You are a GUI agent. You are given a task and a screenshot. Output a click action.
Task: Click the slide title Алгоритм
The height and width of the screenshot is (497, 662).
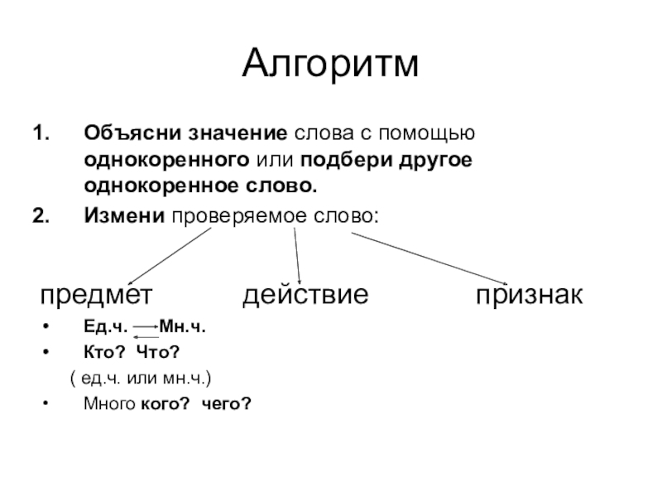(331, 65)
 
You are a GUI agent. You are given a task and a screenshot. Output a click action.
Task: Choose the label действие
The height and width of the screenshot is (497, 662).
(305, 296)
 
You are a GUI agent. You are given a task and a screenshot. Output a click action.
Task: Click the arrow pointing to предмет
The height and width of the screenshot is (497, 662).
(170, 257)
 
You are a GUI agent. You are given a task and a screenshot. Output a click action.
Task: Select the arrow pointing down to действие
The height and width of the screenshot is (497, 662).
(298, 256)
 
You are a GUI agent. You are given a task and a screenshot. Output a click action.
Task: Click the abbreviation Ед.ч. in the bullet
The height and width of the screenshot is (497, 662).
(104, 328)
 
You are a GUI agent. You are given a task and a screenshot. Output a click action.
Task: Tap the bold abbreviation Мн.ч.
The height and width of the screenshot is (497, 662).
(182, 328)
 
